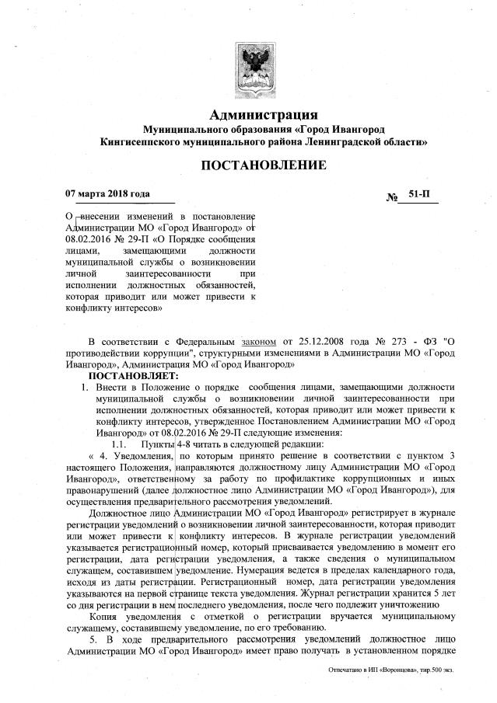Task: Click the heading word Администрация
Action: tap(264, 114)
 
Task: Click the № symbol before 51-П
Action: tap(393, 199)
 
